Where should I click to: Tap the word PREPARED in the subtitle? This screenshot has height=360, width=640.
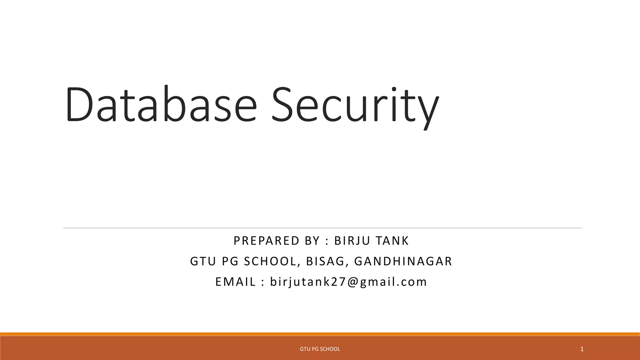click(267, 241)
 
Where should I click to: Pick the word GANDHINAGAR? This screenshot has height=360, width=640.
click(403, 262)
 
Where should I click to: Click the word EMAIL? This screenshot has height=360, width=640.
click(236, 282)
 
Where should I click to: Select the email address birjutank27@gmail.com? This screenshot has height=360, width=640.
click(348, 282)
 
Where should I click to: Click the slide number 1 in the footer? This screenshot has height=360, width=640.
click(582, 349)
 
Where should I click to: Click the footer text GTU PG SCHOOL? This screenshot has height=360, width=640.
click(320, 349)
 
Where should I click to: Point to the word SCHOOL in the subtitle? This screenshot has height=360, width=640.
click(270, 262)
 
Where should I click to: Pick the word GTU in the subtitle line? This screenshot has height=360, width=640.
click(203, 262)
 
